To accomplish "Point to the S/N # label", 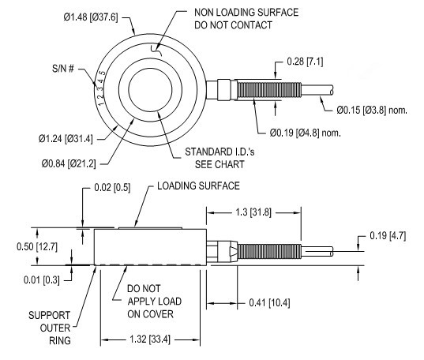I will [x=62, y=68].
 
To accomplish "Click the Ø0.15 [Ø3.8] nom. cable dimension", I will [x=372, y=110].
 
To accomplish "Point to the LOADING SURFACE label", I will [x=198, y=186].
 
